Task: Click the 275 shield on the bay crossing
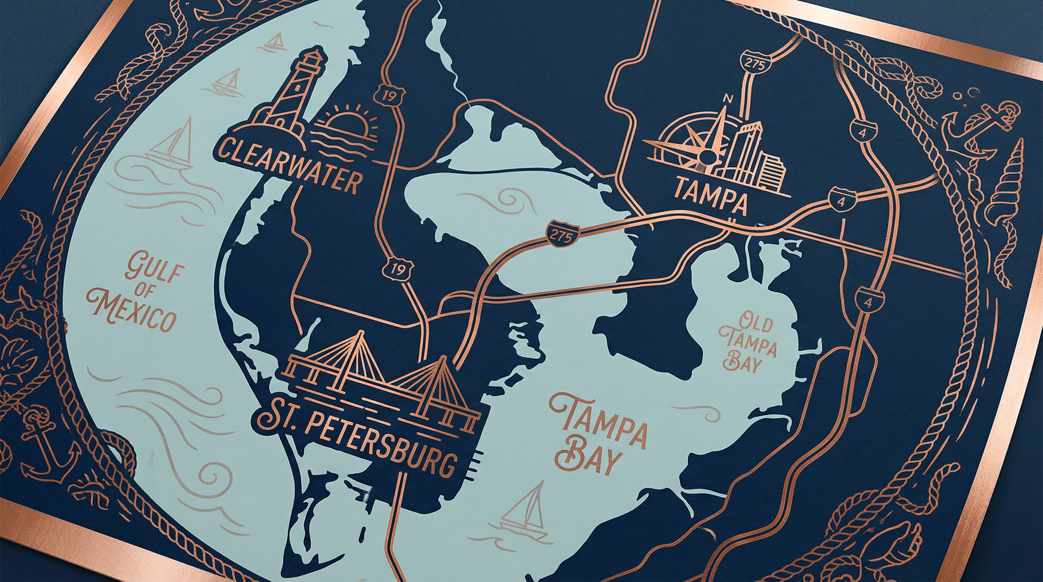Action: pyautogui.click(x=562, y=235)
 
